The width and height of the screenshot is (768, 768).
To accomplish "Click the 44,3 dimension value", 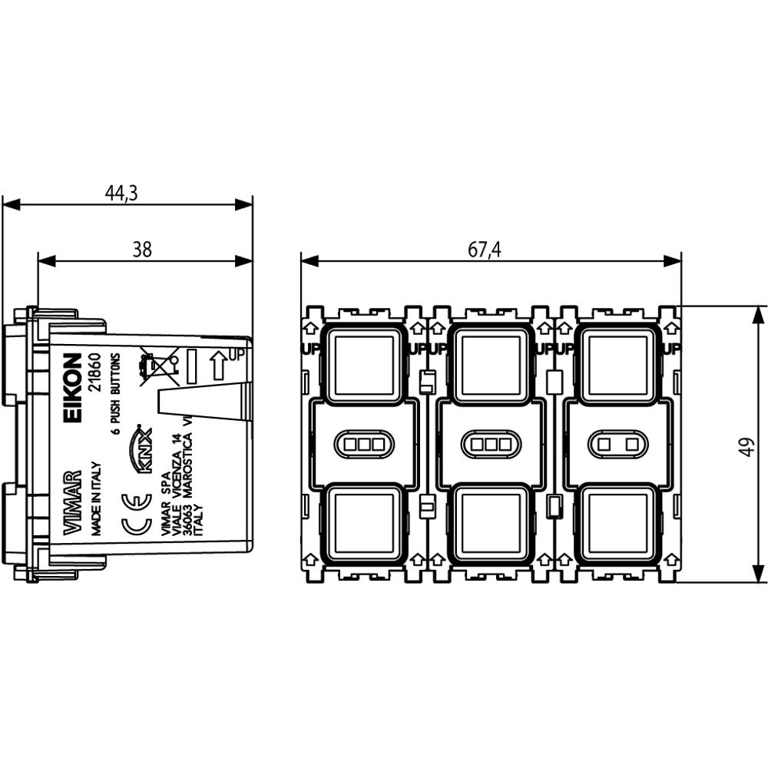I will coord(121,194).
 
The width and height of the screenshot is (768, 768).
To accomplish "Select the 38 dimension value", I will coord(142,250).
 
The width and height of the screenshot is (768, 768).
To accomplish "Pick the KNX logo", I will coord(144,450).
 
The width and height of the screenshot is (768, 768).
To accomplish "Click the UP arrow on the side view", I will coord(220,364).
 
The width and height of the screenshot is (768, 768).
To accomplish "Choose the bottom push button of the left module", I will coord(366,524).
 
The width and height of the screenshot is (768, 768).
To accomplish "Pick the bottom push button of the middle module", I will coord(492,524).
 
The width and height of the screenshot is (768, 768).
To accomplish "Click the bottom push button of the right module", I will coord(618,524).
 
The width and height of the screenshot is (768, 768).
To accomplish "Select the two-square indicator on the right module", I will coord(618,443).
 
